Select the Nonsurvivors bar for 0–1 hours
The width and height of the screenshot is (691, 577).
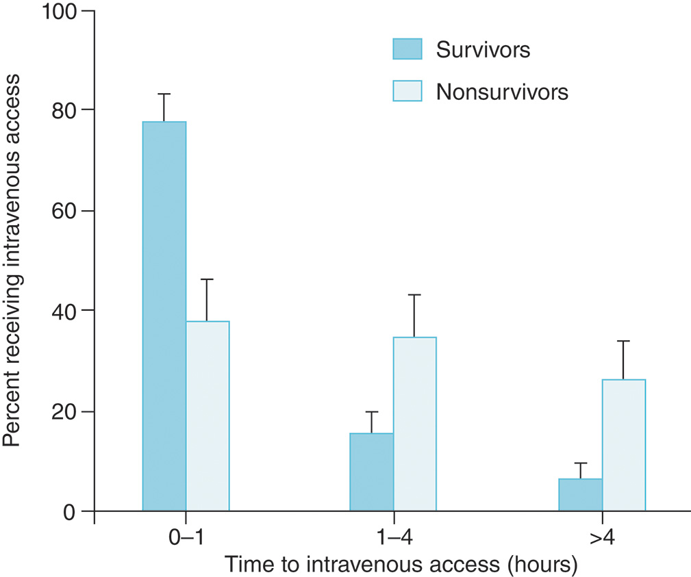pyautogui.click(x=208, y=416)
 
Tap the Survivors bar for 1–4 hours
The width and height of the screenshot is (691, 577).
pyautogui.click(x=371, y=472)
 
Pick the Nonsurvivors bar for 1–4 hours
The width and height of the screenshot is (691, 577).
pyautogui.click(x=414, y=424)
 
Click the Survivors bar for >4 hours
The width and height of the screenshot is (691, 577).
pyautogui.click(x=580, y=495)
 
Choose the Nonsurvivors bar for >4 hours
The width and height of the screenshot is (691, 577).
pyautogui.click(x=623, y=445)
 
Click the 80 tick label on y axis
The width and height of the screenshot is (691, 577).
pyautogui.click(x=68, y=110)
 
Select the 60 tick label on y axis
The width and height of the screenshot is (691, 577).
pyautogui.click(x=68, y=211)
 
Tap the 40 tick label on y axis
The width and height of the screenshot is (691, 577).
pyautogui.click(x=68, y=311)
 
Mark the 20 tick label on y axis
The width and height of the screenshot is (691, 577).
pyautogui.click(x=68, y=411)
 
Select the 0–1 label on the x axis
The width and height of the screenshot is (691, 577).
pyautogui.click(x=185, y=539)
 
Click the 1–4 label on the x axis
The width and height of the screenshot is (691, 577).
pyautogui.click(x=393, y=539)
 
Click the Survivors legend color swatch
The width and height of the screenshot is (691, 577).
pyautogui.click(x=407, y=50)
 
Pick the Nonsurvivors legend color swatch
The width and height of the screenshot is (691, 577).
pyautogui.click(x=407, y=91)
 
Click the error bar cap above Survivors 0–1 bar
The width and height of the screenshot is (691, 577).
pyautogui.click(x=164, y=94)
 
